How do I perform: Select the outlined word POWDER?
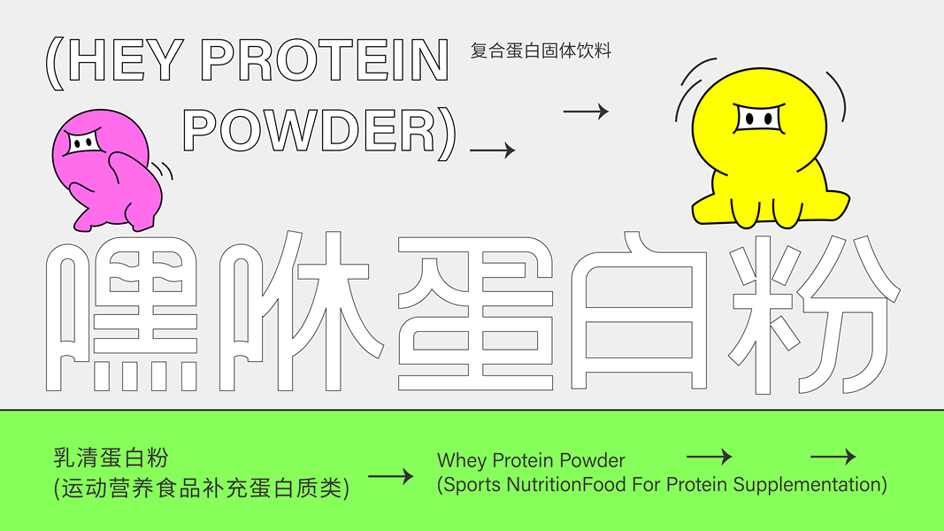pos(310,131)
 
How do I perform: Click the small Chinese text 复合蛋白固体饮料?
pos(541,50)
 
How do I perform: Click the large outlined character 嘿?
pos(121,316)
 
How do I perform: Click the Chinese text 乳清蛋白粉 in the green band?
pos(111,458)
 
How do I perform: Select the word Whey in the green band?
pos(461,460)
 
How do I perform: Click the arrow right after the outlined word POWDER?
pos(492,151)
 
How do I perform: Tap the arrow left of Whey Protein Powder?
pos(390,476)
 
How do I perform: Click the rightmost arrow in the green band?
pos(833,457)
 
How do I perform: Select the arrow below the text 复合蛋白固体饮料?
pos(586,112)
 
